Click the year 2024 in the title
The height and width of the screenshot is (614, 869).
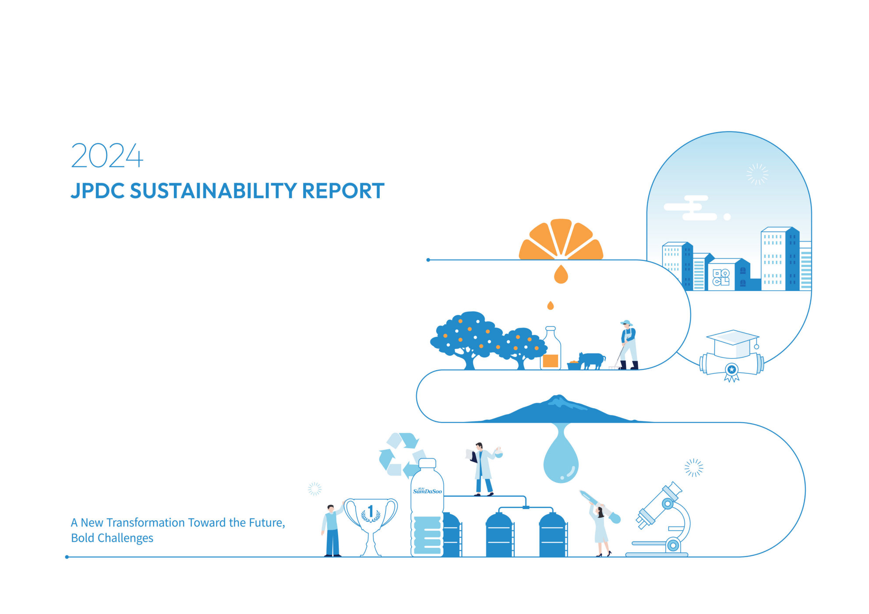[x=107, y=155]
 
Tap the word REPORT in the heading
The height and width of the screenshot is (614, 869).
[x=343, y=191]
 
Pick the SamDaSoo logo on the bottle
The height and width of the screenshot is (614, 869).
[x=427, y=491]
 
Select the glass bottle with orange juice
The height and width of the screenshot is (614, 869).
[x=551, y=348]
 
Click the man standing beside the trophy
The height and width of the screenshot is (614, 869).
[x=332, y=530]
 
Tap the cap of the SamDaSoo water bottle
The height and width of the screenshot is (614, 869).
[x=427, y=463]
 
